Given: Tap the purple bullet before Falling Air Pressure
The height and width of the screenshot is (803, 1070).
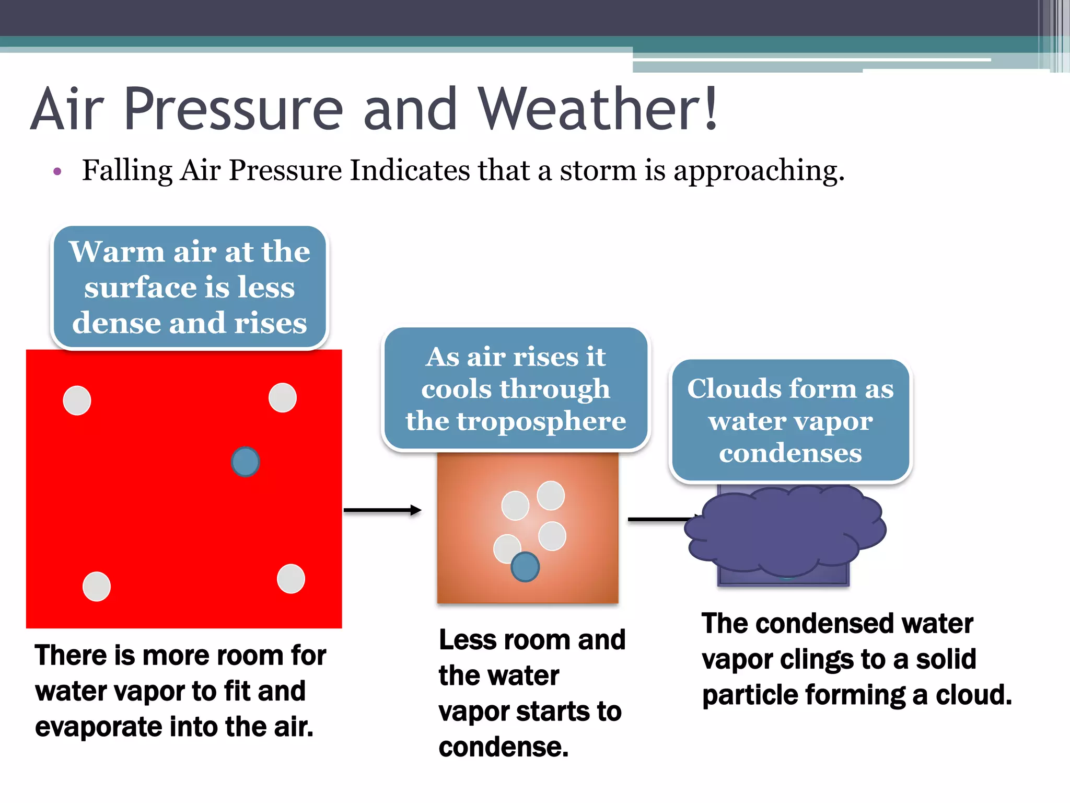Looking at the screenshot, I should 57,171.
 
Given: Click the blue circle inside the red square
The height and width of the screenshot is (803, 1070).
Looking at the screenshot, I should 245,462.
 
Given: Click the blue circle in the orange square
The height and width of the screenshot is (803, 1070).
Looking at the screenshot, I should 525,567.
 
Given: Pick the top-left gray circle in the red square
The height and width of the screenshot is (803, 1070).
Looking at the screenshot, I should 77,400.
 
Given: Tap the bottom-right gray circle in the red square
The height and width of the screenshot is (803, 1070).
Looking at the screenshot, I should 290,579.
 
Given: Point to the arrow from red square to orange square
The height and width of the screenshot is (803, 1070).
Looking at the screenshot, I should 382,510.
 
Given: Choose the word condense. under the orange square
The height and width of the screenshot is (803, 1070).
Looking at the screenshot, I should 503,747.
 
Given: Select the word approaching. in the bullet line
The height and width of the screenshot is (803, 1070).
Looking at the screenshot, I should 759,171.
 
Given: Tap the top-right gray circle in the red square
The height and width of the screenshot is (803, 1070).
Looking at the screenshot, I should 282,397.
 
